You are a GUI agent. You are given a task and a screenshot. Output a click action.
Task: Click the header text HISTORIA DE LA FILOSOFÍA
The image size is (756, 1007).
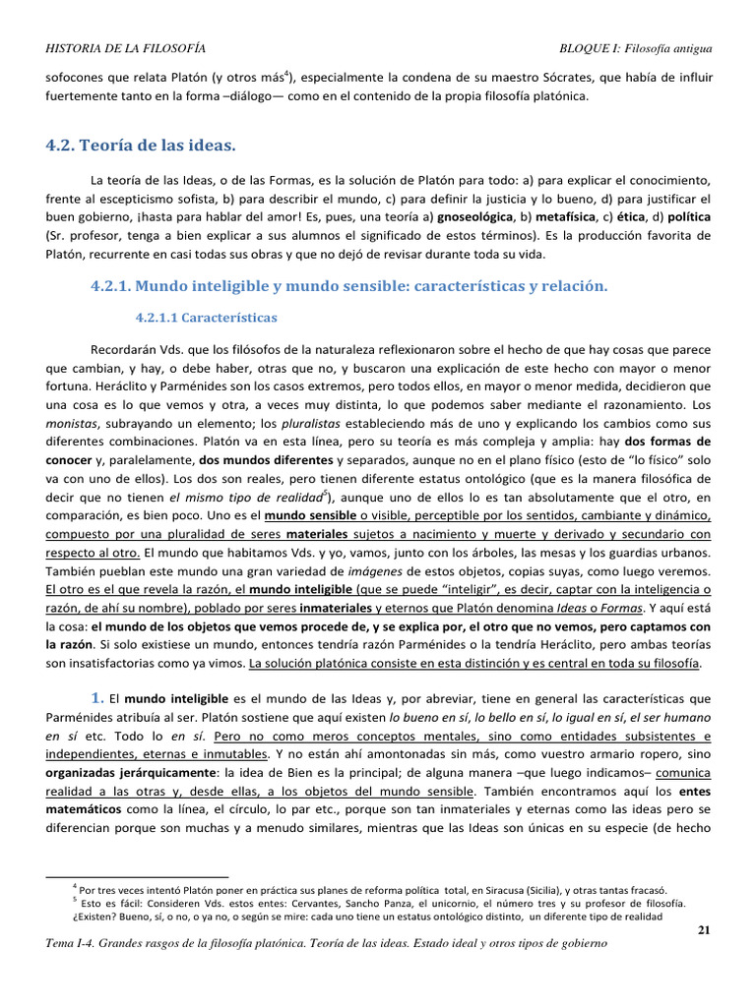tap(126, 48)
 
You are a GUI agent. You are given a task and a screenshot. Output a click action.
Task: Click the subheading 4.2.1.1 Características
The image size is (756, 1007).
tap(207, 318)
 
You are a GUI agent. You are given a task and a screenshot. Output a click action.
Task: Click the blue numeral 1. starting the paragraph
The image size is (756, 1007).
tap(97, 697)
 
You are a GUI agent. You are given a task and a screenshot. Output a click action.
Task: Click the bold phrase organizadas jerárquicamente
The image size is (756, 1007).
tap(121, 774)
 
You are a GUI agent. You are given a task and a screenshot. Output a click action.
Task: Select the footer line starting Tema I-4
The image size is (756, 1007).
tap(326, 943)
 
